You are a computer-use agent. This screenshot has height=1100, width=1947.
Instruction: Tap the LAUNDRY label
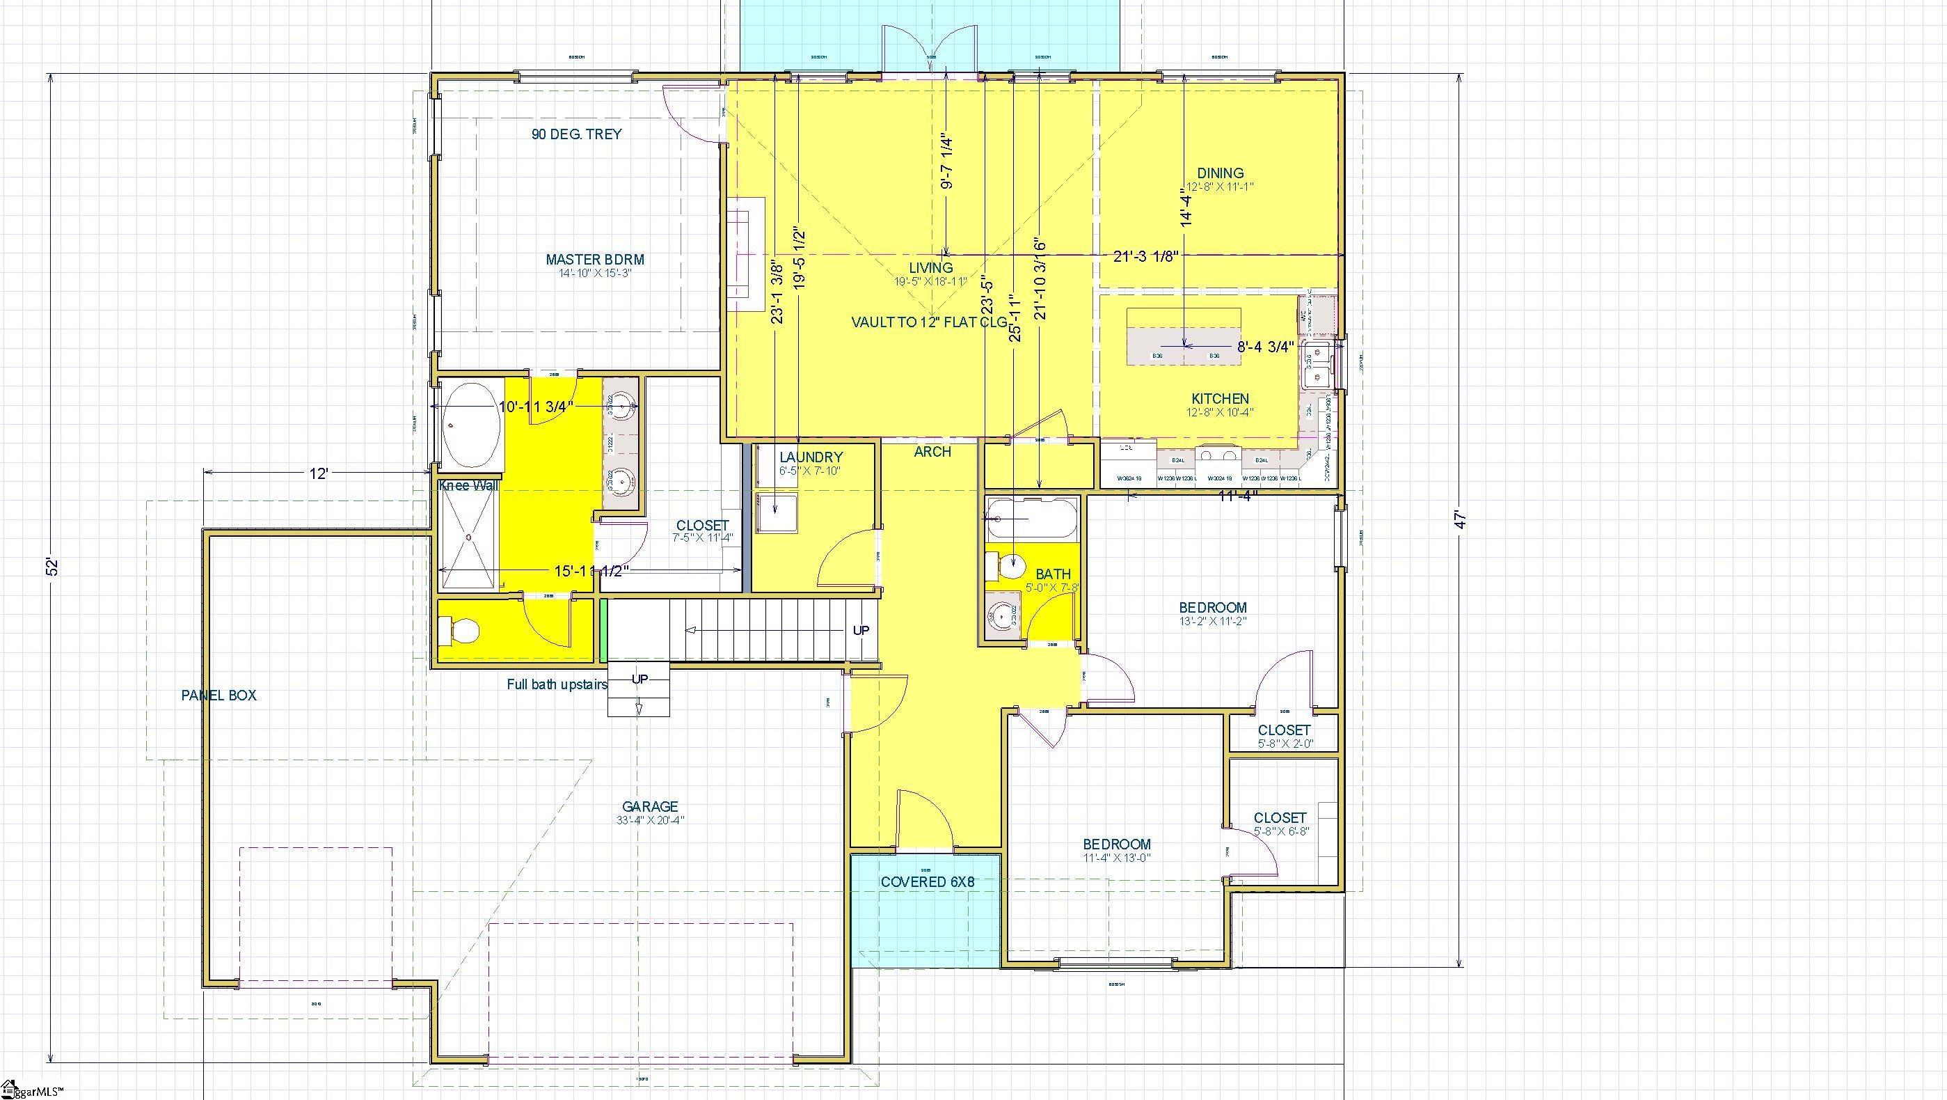810,457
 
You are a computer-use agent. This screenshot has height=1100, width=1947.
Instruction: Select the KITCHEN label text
1220,398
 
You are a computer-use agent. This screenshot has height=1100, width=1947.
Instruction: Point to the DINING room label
1221,173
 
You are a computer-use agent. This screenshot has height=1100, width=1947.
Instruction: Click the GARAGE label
650,807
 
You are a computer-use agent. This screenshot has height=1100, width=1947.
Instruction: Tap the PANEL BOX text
218,696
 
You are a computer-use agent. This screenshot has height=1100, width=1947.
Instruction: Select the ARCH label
932,451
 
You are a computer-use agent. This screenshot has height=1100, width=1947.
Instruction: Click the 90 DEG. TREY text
577,134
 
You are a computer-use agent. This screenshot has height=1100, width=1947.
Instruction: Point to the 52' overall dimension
51,566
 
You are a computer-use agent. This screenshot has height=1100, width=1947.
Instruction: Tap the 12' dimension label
318,473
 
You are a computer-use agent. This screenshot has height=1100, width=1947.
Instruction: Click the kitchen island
1184,336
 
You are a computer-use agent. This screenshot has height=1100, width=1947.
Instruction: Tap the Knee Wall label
468,485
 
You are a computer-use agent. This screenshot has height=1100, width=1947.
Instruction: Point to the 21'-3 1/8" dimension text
1146,256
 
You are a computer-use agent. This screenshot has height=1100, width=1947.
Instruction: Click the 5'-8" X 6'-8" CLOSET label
1280,818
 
